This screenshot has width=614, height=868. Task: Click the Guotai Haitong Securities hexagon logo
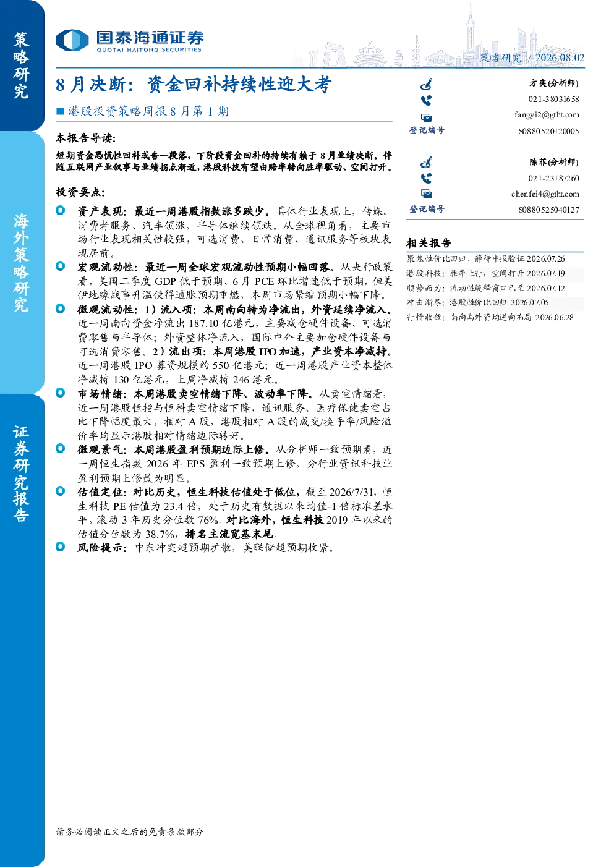point(72,40)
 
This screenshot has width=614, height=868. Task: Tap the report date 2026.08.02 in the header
point(560,57)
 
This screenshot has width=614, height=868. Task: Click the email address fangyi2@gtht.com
point(547,115)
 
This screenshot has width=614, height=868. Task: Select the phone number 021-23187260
point(553,178)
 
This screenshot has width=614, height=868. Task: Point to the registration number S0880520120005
point(548,131)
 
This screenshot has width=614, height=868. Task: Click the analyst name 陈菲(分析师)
point(554,162)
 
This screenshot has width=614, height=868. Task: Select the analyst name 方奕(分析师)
point(554,83)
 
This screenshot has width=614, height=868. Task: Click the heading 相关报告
point(429,243)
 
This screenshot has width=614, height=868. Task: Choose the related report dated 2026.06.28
point(490,317)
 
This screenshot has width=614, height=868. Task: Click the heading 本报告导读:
point(86,138)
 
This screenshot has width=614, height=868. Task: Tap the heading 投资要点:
point(80,192)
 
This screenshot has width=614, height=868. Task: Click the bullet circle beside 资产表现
point(61,210)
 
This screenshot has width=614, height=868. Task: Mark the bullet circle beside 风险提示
point(61,547)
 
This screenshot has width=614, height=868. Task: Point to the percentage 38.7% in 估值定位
point(160,534)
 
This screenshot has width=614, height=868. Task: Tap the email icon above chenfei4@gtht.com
point(426,194)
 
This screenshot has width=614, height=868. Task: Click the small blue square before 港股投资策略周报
point(60,112)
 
